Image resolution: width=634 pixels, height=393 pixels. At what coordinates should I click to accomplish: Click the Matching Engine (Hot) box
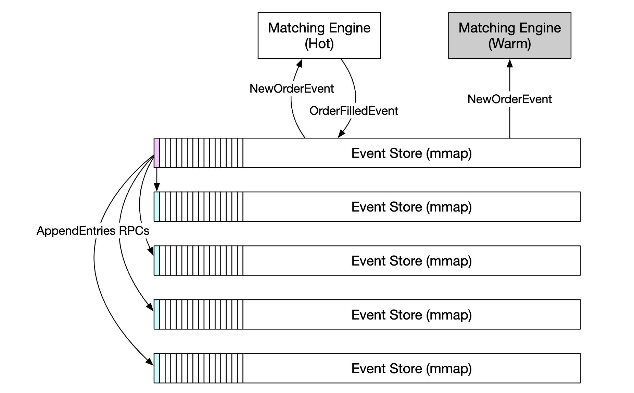[319, 36]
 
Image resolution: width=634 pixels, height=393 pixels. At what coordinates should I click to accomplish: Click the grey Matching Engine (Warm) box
[509, 36]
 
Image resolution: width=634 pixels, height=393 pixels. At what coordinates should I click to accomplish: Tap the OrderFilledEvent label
[353, 111]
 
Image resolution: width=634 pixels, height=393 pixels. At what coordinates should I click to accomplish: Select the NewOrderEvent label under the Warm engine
[509, 99]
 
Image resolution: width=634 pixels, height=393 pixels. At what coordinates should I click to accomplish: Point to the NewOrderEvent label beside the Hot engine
[291, 89]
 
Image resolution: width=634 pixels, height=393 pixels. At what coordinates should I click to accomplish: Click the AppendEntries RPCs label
[93, 231]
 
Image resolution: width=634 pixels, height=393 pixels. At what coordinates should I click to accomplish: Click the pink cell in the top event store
[157, 153]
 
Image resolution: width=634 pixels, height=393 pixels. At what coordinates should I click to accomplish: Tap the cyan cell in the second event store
[157, 207]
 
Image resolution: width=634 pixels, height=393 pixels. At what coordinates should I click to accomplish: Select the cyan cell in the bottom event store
[157, 368]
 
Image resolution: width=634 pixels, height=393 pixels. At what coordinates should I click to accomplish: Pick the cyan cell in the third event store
[157, 260]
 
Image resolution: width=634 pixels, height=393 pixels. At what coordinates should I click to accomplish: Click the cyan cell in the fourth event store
[157, 314]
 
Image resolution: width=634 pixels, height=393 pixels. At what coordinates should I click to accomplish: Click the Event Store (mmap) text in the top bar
[411, 153]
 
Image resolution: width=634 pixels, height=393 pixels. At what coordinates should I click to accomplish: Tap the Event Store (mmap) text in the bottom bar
[411, 368]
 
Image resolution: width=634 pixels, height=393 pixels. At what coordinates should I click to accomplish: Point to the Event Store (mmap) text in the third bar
[411, 261]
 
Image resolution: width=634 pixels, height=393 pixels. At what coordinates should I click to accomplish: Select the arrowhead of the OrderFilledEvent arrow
[341, 134]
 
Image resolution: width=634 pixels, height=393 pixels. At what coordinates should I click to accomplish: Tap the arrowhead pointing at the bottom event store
[150, 361]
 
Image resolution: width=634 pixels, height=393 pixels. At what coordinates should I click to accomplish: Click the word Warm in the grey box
[509, 44]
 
